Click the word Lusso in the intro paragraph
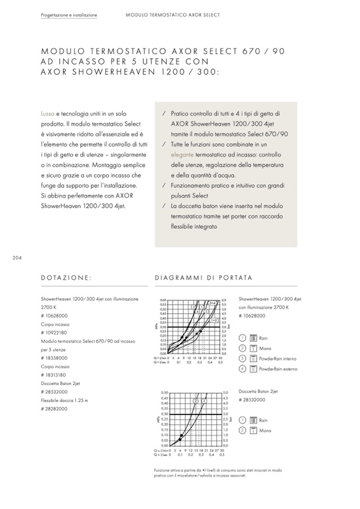coord(47,114)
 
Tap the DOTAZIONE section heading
coord(66,278)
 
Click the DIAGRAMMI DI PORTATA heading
coord(203,278)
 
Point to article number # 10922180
coord(53,332)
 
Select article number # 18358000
coord(53,358)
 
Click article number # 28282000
coord(53,409)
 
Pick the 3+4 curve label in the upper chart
coord(212,303)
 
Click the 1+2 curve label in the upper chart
coord(215,321)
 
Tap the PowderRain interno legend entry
coord(278,359)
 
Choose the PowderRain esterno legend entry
coord(278,369)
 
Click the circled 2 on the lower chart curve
coord(195,401)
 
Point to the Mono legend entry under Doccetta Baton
coord(264,430)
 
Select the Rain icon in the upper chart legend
coord(253,338)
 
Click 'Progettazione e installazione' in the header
coord(69,15)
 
